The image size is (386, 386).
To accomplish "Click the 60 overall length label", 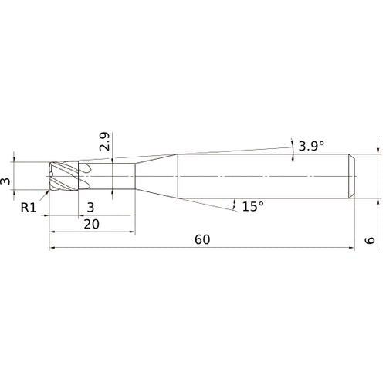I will (202, 240).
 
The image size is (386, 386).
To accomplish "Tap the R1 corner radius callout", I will (29, 207).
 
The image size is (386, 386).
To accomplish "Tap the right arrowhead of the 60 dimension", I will (351, 249).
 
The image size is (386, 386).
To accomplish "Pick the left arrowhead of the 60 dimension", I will (53, 249).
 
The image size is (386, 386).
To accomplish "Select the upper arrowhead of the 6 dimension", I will (378, 151).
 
